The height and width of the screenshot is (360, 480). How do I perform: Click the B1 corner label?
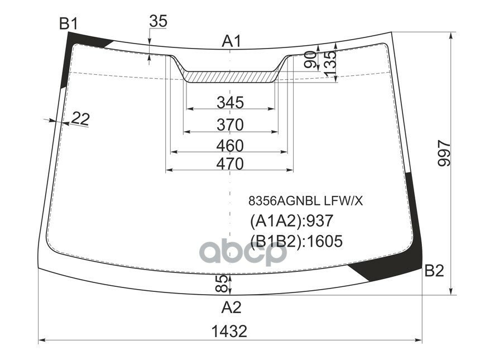point(68,23)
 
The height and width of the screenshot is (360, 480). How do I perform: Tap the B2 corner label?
point(434,271)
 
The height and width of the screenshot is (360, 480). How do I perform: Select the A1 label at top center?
point(231,41)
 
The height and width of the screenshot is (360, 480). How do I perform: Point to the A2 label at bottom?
point(231,307)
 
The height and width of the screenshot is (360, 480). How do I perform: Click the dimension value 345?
point(231,102)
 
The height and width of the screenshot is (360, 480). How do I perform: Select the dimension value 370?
point(231,124)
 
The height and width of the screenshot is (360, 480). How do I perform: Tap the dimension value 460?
point(231,146)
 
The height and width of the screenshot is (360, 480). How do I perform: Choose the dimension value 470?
point(231,164)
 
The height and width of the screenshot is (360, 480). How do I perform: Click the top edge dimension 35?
point(158,21)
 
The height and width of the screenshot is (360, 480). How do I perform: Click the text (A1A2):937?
point(291,221)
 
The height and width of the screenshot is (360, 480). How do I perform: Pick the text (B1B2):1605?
point(296,241)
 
